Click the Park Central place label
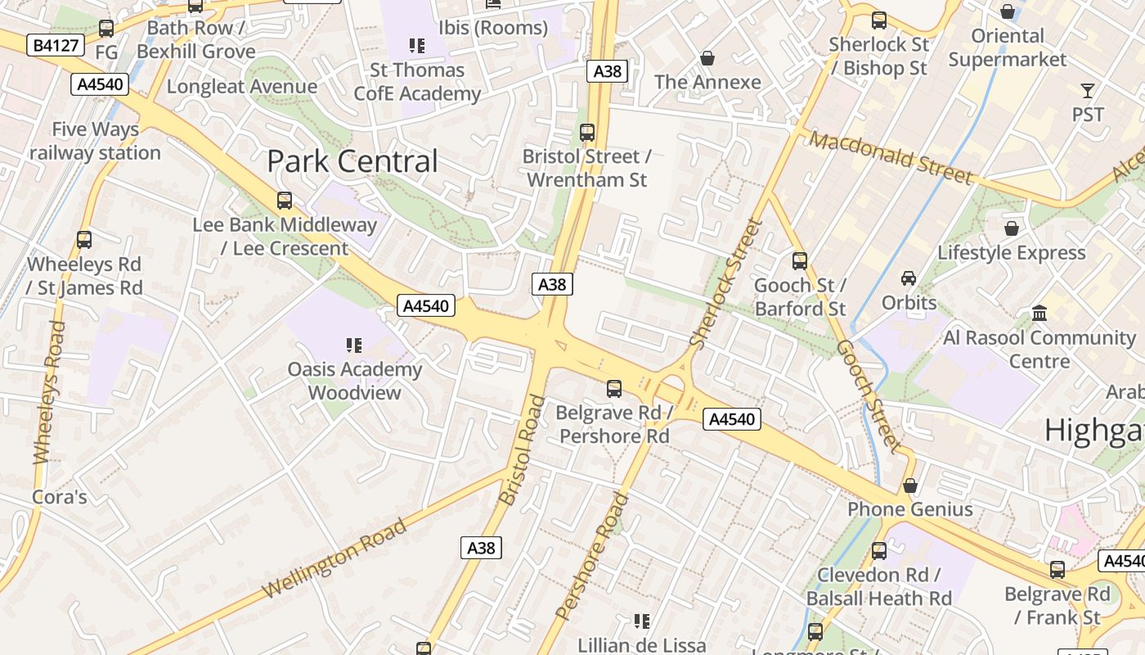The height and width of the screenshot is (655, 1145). pyautogui.click(x=352, y=161)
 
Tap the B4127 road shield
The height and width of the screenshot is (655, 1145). pyautogui.click(x=56, y=45)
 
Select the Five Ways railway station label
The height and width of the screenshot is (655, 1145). pyautogui.click(x=95, y=141)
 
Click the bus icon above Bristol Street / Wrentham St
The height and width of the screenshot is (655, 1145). pyautogui.click(x=586, y=132)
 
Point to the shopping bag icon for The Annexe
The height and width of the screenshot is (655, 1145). pyautogui.click(x=707, y=58)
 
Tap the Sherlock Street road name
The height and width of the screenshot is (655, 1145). pyautogui.click(x=725, y=283)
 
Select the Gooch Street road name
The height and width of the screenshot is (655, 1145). pyautogui.click(x=868, y=397)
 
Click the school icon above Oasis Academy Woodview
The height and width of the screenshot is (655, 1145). pyautogui.click(x=353, y=346)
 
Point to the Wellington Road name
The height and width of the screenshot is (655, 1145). pyautogui.click(x=335, y=558)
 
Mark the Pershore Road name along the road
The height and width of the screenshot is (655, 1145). pyautogui.click(x=592, y=556)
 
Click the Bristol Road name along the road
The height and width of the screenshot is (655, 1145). pyautogui.click(x=521, y=450)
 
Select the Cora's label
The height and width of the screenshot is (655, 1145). pyautogui.click(x=59, y=497)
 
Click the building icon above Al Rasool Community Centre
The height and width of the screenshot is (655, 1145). pyautogui.click(x=1039, y=313)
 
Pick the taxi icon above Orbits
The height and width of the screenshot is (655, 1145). pyautogui.click(x=909, y=278)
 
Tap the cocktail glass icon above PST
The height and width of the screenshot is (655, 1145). pyautogui.click(x=1088, y=90)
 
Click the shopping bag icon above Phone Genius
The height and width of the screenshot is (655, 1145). pyautogui.click(x=910, y=486)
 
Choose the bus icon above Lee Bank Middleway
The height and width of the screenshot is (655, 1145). pyautogui.click(x=285, y=200)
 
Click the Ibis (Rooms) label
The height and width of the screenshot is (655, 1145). pyautogui.click(x=492, y=28)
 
